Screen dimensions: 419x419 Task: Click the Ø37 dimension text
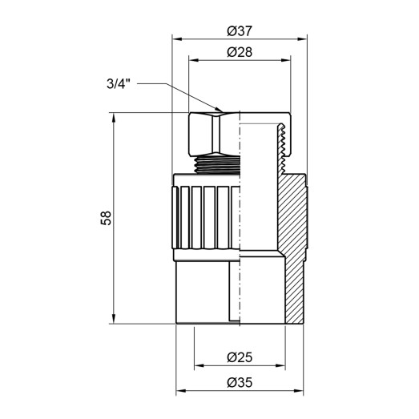(240, 31)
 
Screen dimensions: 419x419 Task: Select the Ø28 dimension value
(240, 52)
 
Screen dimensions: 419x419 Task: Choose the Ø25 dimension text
(240, 356)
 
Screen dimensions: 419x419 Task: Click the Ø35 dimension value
(240, 383)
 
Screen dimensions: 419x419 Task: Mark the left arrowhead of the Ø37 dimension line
(178, 39)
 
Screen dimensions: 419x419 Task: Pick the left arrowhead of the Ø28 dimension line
(191, 60)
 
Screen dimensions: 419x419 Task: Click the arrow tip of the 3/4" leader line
(220, 111)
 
